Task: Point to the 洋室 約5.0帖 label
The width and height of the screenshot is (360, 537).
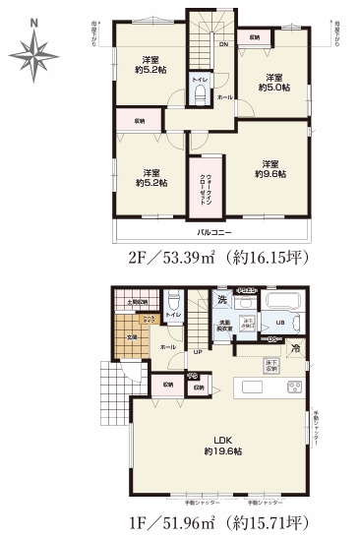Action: tap(271, 83)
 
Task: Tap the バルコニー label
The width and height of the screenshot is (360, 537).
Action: tap(212, 232)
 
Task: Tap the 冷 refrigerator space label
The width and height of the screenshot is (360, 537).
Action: tap(294, 348)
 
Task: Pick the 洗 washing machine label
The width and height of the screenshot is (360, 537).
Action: tap(222, 298)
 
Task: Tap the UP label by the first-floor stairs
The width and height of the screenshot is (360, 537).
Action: tap(198, 352)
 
